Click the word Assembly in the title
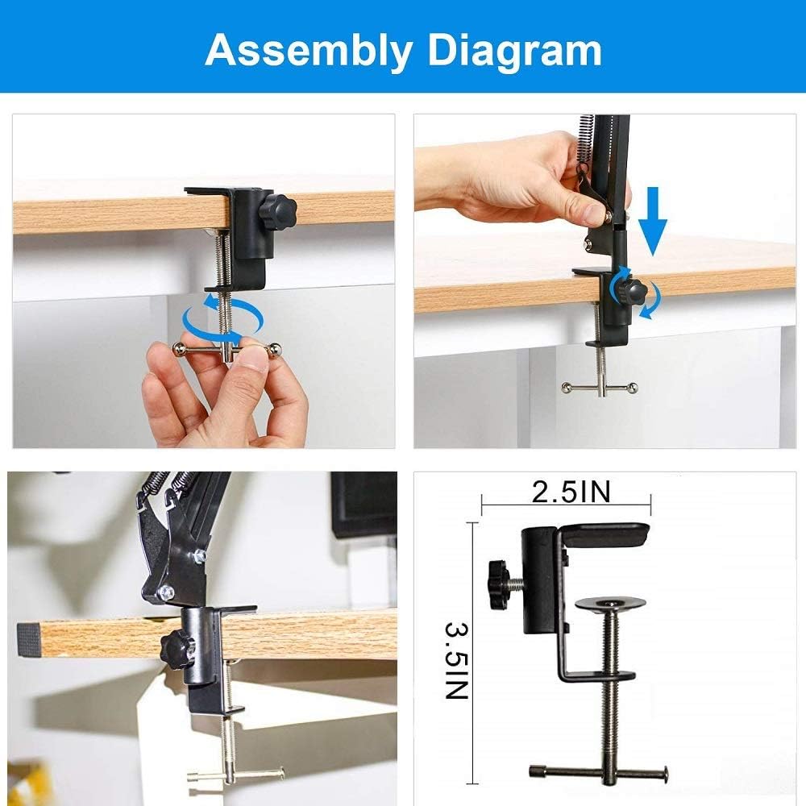tap(309, 50)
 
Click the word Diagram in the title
tap(514, 49)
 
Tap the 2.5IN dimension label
tap(571, 492)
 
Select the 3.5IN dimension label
tap(456, 661)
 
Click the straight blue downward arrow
tap(653, 221)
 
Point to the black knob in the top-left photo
tap(277, 210)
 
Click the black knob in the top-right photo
tap(631, 292)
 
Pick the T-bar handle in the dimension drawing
tap(598, 771)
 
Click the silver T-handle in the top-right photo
tap(600, 387)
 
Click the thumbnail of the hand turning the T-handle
tap(204, 280)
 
